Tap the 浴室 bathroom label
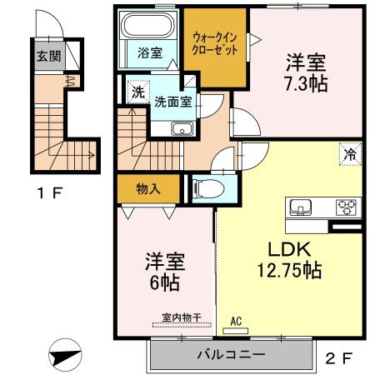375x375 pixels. coord(150,52)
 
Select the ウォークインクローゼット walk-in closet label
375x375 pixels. coord(215,43)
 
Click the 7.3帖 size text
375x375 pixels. coord(306,82)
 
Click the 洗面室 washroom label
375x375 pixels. coord(173,101)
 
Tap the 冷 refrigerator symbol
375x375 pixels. coord(352,153)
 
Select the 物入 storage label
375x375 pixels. coord(148,188)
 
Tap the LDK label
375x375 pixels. coord(288,249)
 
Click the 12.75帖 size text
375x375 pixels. coord(288,270)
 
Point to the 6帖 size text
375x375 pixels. coord(164,282)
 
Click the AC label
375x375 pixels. coord(236,320)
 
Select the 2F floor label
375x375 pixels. coord(339,360)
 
